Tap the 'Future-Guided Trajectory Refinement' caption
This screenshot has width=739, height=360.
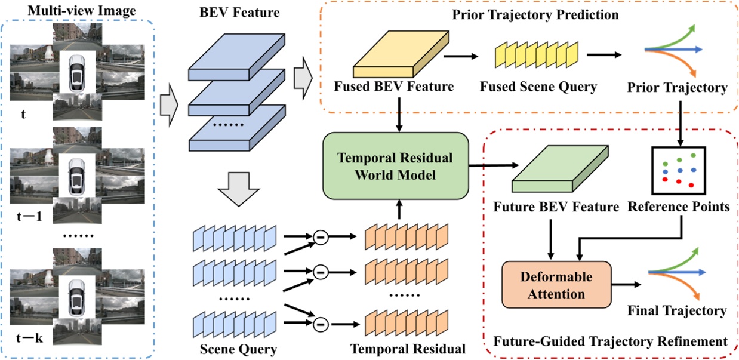pos(611,341)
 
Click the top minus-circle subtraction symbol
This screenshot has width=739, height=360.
pos(320,238)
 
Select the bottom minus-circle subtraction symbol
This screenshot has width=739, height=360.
pos(320,324)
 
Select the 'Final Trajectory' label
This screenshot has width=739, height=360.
pos(676,310)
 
